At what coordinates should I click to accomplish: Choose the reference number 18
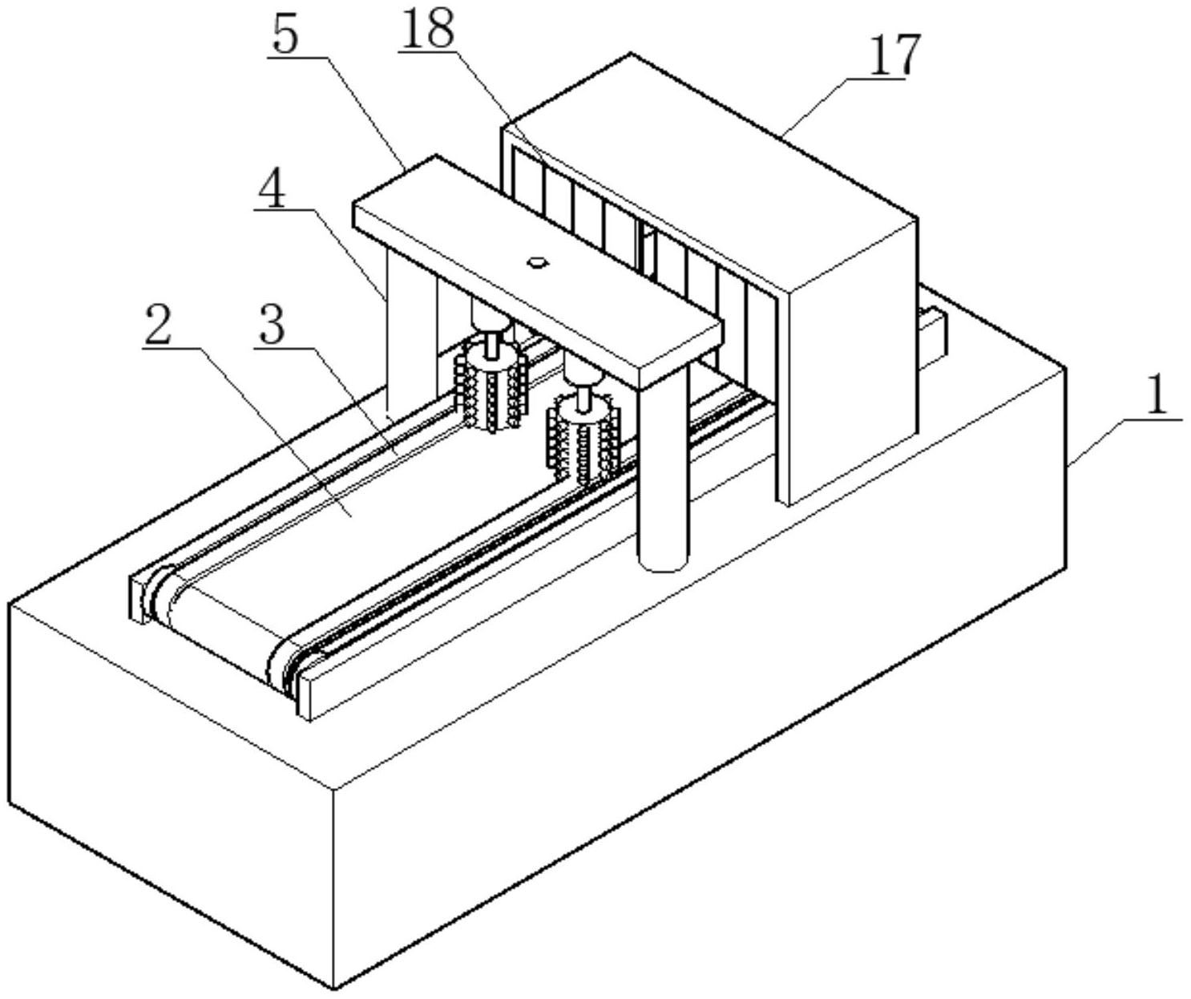pyautogui.click(x=428, y=30)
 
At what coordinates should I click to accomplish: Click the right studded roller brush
pyautogui.click(x=583, y=442)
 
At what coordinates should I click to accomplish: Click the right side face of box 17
pyautogui.click(x=850, y=361)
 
